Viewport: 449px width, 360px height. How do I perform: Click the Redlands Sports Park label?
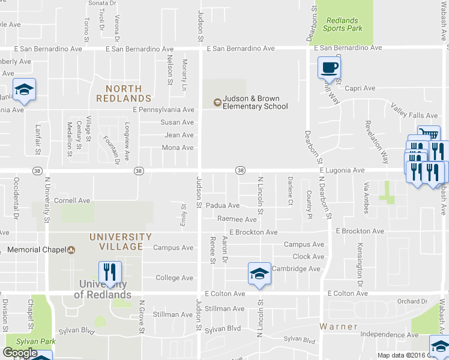point(343,24)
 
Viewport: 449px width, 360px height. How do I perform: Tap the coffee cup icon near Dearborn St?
point(328,68)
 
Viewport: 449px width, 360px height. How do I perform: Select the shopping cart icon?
point(429,134)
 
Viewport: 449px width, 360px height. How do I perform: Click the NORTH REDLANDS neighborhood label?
point(123,93)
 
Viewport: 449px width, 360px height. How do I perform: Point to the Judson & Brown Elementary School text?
point(255,103)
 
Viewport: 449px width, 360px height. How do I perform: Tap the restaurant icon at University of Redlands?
point(109,271)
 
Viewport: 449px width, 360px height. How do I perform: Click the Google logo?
point(20,353)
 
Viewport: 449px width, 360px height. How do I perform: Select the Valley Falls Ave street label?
point(415,111)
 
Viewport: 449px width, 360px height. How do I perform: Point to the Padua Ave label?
point(223,205)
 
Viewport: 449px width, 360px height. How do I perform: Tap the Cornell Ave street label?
point(72,200)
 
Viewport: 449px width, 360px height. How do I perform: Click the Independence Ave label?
point(389,334)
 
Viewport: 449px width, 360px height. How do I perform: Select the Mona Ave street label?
point(178,148)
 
